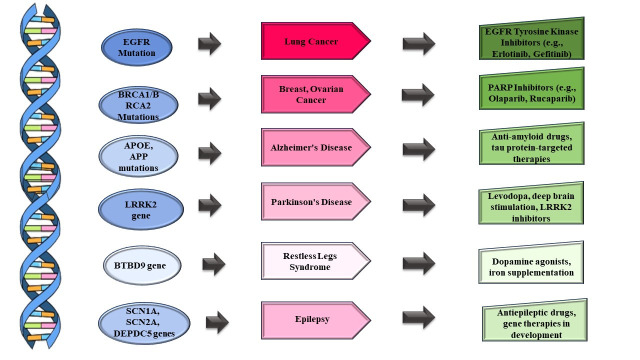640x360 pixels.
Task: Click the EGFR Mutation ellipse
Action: [137, 47]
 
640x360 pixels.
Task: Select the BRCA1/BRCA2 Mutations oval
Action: [138, 105]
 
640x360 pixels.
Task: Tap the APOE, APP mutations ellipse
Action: [138, 156]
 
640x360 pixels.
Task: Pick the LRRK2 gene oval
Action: [141, 209]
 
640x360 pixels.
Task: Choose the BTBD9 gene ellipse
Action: [142, 265]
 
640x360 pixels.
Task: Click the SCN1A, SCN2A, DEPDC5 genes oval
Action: [144, 323]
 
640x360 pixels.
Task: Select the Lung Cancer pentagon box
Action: [316, 41]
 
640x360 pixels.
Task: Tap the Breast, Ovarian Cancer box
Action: [316, 94]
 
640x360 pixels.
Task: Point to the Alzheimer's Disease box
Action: [316, 147]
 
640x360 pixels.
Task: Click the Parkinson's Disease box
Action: [316, 202]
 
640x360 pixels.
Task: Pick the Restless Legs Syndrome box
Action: [316, 261]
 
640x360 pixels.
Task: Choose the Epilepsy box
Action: [316, 320]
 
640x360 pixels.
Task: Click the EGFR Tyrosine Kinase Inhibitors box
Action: [531, 39]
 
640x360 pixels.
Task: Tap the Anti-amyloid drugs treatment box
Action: [531, 144]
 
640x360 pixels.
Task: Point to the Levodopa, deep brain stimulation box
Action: [531, 203]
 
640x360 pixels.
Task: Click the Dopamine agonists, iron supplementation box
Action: [531, 263]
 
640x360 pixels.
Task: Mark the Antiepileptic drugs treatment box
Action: [535, 320]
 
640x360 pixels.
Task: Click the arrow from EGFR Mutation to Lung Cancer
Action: [209, 43]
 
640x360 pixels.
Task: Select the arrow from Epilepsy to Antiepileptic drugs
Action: [419, 318]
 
